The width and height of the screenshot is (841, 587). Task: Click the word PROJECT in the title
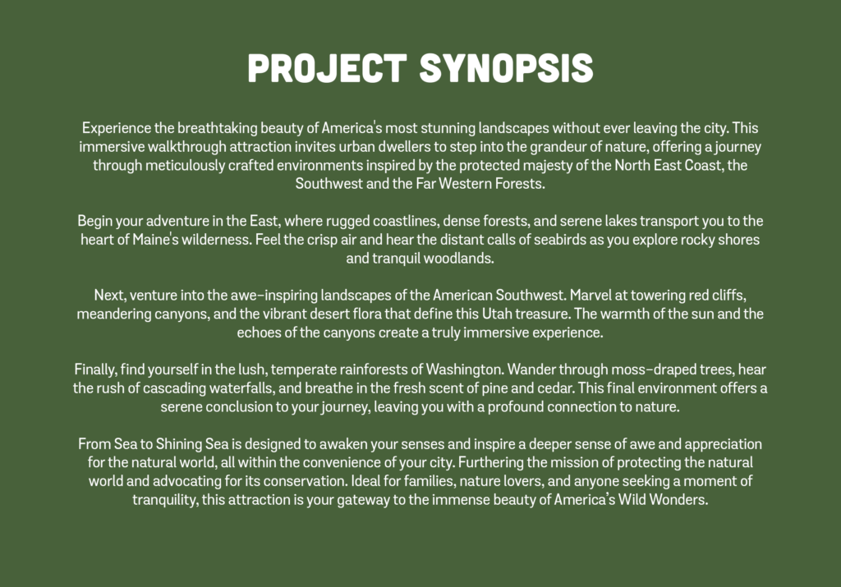[327, 68]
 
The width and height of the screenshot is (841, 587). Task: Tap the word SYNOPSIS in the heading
[506, 68]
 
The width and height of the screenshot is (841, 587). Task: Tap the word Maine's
[155, 240]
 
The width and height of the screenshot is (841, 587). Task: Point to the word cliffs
[729, 296]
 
